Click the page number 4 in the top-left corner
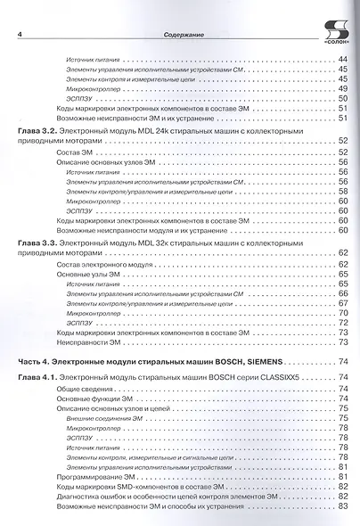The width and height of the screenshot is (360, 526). pos(20,35)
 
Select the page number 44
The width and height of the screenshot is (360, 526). pos(342,60)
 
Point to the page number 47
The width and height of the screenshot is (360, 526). pos(342,78)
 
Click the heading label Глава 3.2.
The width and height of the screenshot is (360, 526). pos(37,130)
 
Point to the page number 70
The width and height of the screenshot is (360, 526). pos(342,313)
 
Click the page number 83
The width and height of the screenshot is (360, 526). pos(342,506)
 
